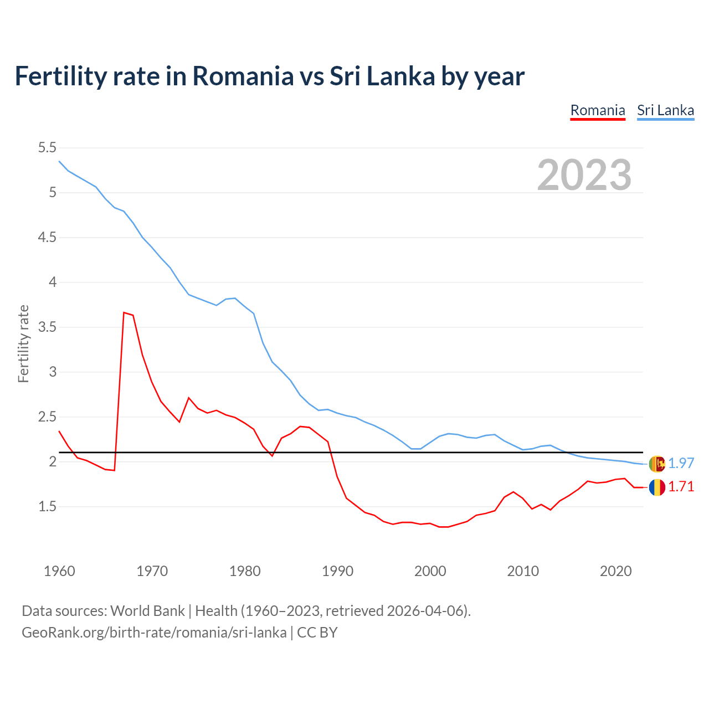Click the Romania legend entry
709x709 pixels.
[x=598, y=110]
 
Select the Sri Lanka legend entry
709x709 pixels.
[x=665, y=110]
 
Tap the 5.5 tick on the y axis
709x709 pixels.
[x=47, y=148]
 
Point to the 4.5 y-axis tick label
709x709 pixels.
[x=47, y=238]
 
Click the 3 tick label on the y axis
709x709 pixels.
[x=53, y=372]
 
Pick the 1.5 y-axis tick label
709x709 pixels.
[x=47, y=506]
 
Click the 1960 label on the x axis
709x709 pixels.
[x=59, y=571]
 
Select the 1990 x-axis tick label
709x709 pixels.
[x=337, y=571]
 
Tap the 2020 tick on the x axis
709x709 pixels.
[x=615, y=571]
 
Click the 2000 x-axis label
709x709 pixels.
[x=430, y=571]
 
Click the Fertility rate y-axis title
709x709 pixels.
[x=23, y=343]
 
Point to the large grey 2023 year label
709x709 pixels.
[x=584, y=175]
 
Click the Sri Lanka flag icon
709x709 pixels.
[x=656, y=464]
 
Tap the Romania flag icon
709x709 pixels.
[x=656, y=487]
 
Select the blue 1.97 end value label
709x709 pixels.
[x=681, y=464]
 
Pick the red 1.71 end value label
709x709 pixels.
[x=681, y=487]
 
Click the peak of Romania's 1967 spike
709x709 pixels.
[x=124, y=312]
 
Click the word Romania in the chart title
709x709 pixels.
[x=243, y=76]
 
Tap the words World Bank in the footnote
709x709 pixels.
[x=147, y=611]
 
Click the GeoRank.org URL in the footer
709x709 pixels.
[x=154, y=633]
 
